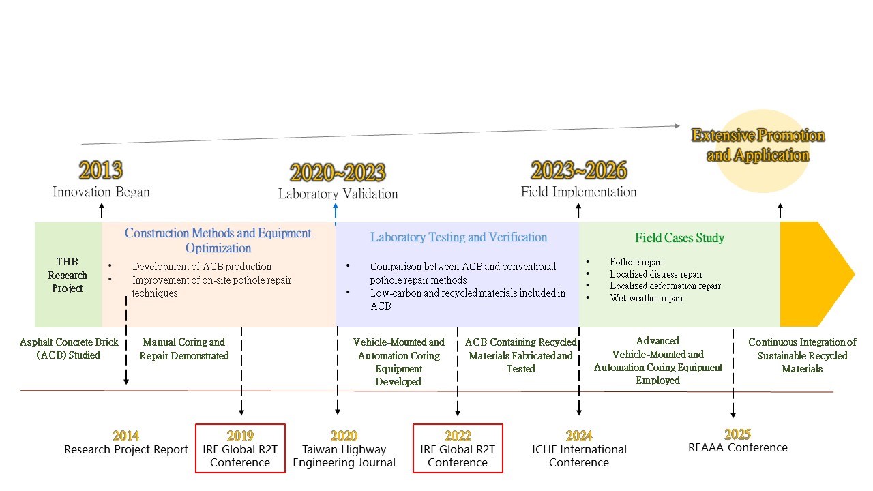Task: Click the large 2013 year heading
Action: coord(101,170)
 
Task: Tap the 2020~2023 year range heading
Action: coord(338,173)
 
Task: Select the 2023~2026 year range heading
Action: coord(579,170)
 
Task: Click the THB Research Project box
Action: coord(68,275)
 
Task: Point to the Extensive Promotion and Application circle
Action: coord(763,151)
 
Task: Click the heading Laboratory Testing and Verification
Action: coord(459,237)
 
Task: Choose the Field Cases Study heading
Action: coord(679,237)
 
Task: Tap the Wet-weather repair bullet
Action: coord(647,298)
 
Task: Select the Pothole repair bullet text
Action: coord(636,262)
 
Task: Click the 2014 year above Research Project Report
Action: coord(125,436)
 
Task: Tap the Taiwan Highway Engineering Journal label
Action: coord(344,456)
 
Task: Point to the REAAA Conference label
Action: coord(738,447)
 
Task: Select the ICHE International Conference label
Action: coord(579,456)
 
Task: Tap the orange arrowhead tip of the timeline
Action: coord(855,274)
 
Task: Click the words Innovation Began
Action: coord(101,192)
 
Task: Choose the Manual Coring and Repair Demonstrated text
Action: coord(184,348)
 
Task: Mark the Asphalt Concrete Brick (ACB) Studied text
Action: coord(69,348)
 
